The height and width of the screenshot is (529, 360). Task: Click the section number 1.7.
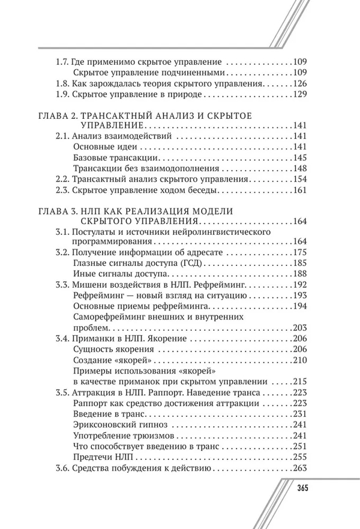62,61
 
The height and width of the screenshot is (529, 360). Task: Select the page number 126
299,83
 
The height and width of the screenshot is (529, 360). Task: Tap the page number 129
299,95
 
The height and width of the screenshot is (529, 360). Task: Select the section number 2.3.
62,190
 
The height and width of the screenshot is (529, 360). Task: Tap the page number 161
299,190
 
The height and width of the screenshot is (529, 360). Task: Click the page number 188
299,274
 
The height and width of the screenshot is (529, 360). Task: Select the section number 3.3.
62,285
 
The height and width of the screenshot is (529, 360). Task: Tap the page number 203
299,328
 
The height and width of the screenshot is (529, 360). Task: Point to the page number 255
299,457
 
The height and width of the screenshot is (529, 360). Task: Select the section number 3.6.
62,468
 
